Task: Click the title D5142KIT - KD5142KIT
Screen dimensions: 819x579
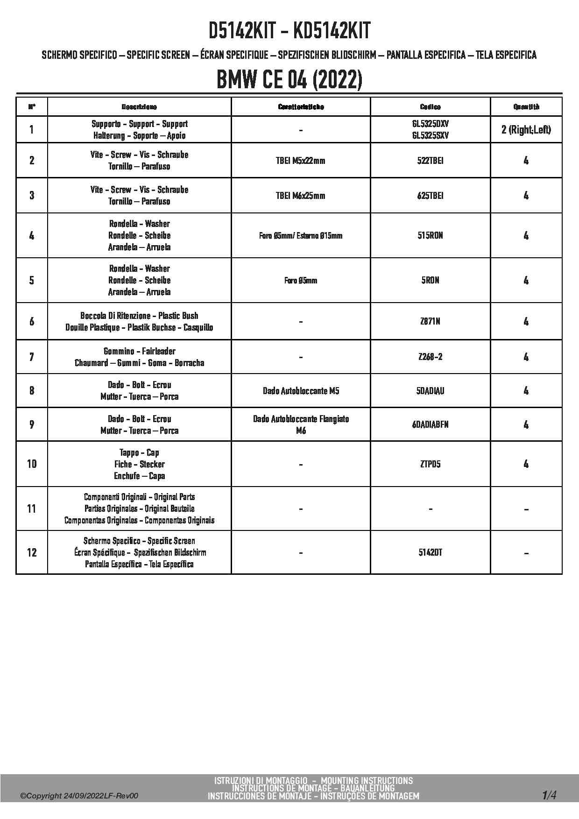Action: click(289, 31)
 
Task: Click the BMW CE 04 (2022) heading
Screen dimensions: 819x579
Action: click(289, 80)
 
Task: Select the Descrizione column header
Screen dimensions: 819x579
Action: click(139, 107)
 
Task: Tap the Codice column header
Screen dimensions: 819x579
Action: click(430, 107)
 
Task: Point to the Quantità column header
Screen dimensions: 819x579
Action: click(526, 107)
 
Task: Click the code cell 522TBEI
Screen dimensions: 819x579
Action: click(430, 161)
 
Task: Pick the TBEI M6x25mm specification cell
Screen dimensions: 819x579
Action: click(301, 196)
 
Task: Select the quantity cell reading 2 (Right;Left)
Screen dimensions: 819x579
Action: click(526, 130)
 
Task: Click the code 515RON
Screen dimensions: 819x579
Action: click(430, 235)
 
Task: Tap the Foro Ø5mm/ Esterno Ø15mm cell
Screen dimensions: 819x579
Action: click(301, 236)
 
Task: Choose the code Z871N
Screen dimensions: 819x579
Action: click(430, 321)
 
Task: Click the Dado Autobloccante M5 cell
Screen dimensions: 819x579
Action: click(301, 391)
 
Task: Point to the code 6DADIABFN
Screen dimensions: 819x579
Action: click(430, 424)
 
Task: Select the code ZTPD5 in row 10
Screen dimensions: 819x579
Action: click(430, 464)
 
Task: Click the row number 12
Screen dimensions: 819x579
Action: click(32, 552)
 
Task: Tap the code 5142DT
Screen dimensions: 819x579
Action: click(430, 552)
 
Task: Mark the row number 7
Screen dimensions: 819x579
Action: click(32, 357)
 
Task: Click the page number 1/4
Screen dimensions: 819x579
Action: click(549, 795)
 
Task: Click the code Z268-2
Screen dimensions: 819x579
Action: click(430, 357)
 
